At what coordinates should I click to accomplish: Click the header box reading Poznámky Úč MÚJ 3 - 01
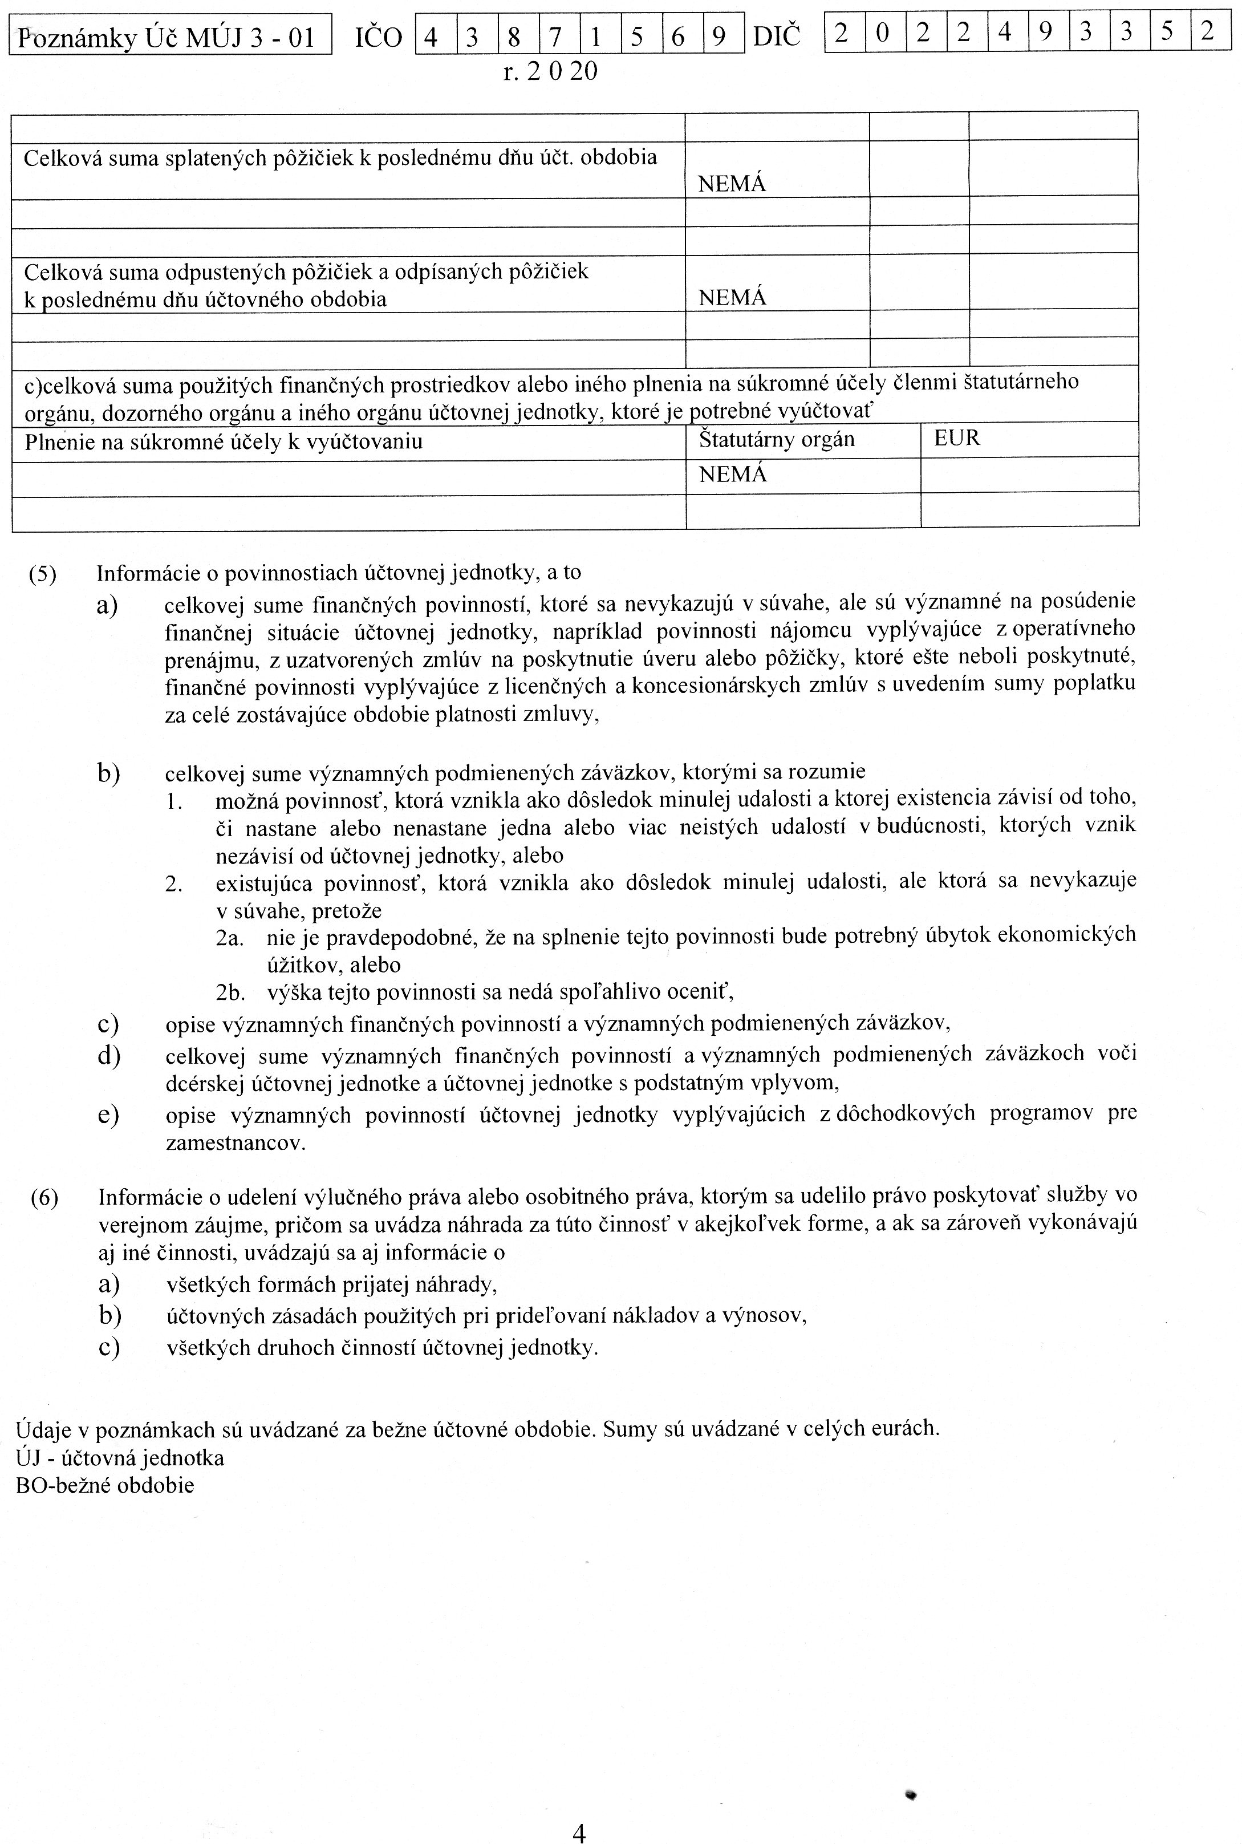tap(169, 37)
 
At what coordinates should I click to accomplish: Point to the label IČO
tap(379, 37)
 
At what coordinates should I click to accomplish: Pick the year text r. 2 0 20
tap(550, 72)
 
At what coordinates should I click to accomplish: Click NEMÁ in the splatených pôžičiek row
tap(732, 184)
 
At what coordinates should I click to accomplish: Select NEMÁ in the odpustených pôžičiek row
tap(732, 298)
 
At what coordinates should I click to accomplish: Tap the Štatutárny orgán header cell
tap(776, 440)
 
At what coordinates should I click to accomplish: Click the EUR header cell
tap(957, 438)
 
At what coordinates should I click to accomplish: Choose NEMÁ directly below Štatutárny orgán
tap(732, 475)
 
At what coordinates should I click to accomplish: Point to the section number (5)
tap(43, 574)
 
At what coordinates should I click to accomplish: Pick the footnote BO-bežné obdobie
tap(104, 1485)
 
